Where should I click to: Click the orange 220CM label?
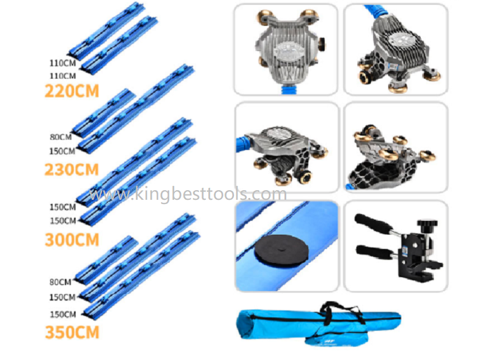click(71, 91)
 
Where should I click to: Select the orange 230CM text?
click(71, 170)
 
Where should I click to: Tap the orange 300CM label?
click(71, 240)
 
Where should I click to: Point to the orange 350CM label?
click(71, 331)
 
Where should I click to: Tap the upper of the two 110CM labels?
click(61, 62)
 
